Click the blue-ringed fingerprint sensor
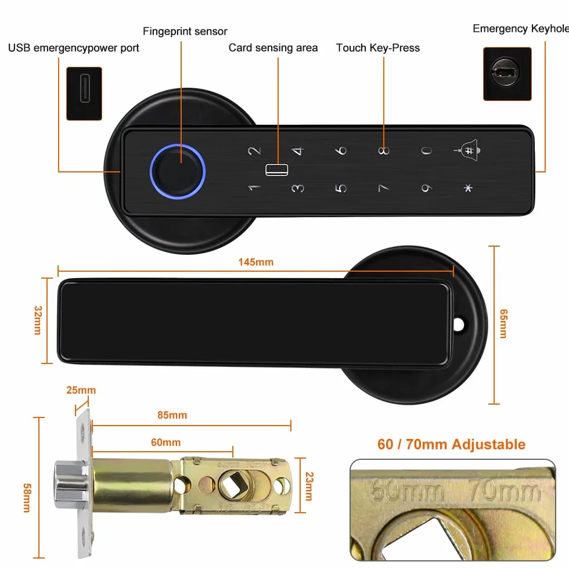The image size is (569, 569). coord(178,171)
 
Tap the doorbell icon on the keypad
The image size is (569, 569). coord(468,150)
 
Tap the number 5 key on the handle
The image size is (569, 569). coord(340,188)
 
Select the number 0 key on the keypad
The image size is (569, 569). coord(426,150)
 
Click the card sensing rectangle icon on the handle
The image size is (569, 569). coord(277,170)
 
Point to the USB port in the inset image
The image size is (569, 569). coord(85,88)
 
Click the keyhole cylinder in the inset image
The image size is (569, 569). coord(505,71)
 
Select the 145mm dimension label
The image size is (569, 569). coord(256,262)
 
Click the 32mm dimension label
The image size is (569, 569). coord(38,320)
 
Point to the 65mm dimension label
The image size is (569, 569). coord(504,324)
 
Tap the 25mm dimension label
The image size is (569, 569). coord(81,390)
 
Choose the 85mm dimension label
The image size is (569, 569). coord(172,415)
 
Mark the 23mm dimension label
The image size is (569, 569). coord(309,487)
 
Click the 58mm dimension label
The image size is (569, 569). coord(27,498)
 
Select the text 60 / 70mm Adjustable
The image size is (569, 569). coord(452,444)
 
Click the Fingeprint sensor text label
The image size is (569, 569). coord(185,31)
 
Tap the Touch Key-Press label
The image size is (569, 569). coord(378,48)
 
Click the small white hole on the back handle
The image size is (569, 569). coord(459,325)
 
